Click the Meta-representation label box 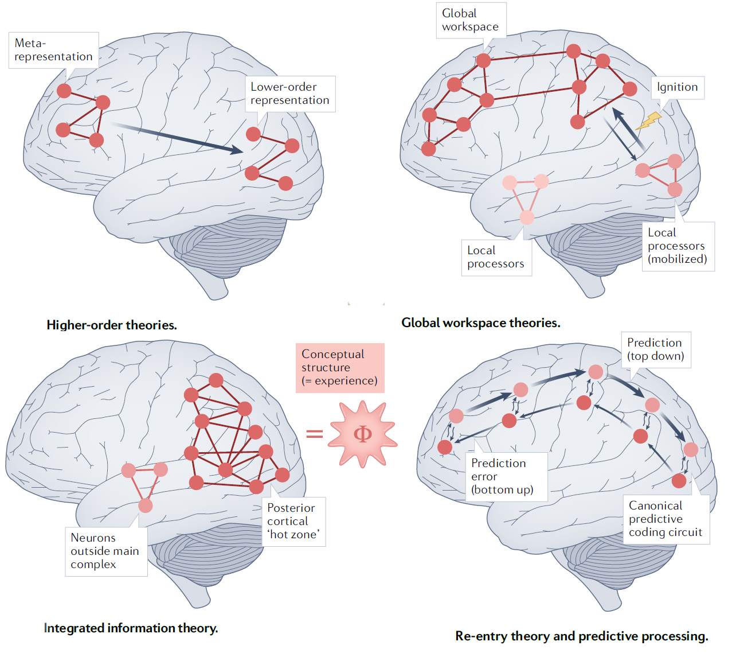click(54, 50)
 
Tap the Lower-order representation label click(290, 94)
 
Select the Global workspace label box click(471, 20)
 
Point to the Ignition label click(677, 87)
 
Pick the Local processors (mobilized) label click(678, 246)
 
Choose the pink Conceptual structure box click(340, 368)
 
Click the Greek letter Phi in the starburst click(362, 434)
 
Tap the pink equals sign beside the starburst click(315, 433)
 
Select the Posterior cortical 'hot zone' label click(293, 522)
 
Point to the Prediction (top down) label click(656, 349)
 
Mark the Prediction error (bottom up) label click(506, 477)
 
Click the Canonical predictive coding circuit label click(666, 519)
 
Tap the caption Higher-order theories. click(112, 325)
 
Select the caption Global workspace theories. click(480, 322)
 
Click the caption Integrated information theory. click(131, 628)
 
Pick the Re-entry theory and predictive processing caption click(582, 636)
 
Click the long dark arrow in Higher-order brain click(177, 138)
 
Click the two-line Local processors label click(496, 257)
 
